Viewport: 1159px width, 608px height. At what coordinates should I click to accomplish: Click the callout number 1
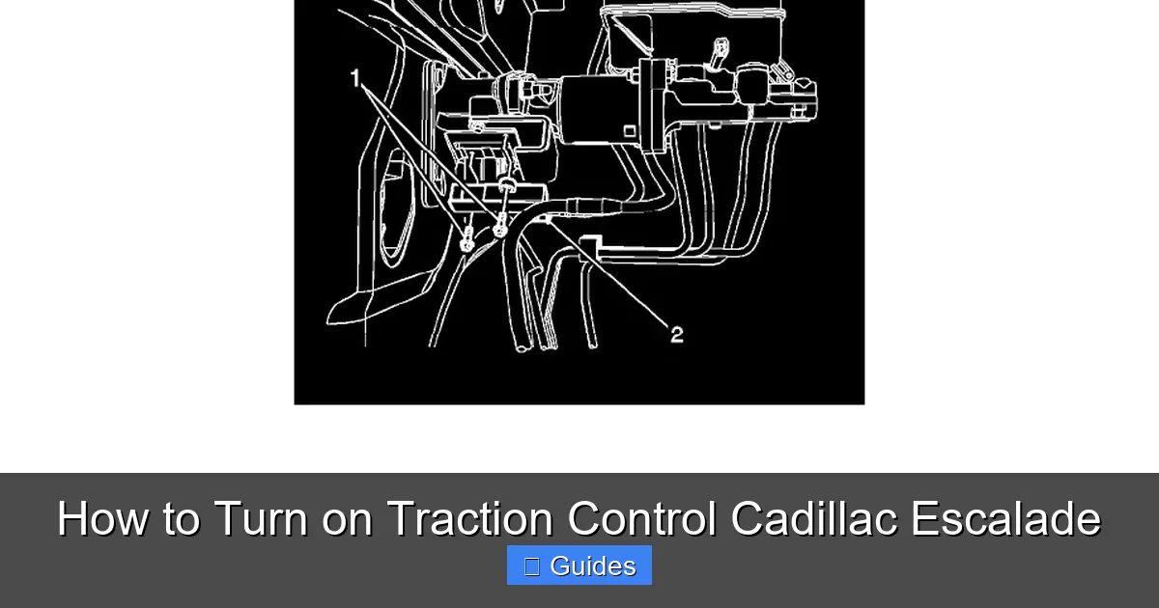(356, 78)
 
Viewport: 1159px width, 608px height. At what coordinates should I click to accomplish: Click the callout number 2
(677, 335)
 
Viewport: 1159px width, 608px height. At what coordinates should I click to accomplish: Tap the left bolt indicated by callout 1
(466, 240)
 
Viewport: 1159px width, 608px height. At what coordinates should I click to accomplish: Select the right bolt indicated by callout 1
(500, 229)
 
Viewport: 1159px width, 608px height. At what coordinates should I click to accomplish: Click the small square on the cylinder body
(629, 130)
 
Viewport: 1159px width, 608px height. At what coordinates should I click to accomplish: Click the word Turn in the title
(261, 518)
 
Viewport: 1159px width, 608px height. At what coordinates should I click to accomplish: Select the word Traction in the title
(469, 518)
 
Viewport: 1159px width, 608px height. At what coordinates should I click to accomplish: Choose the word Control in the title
(641, 518)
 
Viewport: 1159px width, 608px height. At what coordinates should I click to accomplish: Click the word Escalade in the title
(1004, 518)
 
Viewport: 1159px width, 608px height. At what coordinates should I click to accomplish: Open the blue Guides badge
(579, 566)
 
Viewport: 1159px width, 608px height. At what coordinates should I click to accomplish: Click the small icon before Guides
(531, 567)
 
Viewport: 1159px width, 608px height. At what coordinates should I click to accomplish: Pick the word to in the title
(181, 518)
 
